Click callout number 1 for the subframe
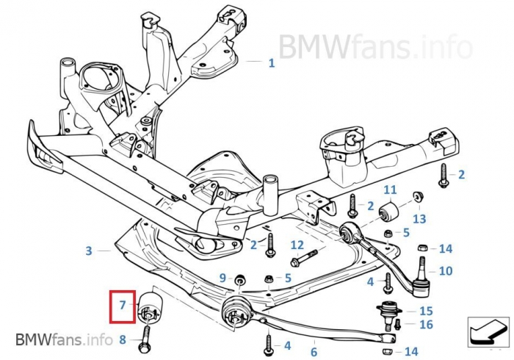coord(271,63)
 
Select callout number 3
coord(89,251)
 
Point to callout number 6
coord(314,352)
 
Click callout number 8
coord(123,339)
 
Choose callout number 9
coord(222,278)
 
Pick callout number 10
coord(446,271)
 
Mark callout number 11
coord(390,190)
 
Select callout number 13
coord(419,218)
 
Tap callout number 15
coord(425,311)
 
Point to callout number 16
coord(425,324)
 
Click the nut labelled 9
coord(239,279)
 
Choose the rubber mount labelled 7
coord(151,306)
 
